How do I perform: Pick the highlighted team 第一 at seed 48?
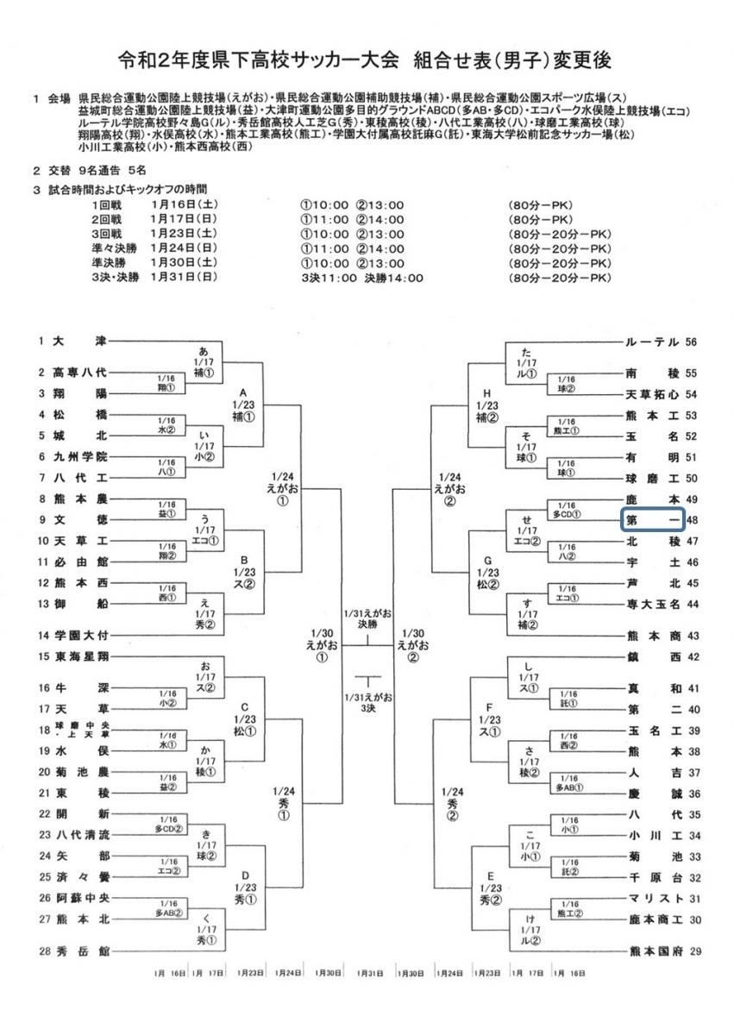click(x=653, y=520)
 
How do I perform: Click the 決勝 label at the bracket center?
click(x=368, y=622)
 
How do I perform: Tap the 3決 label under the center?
click(x=368, y=707)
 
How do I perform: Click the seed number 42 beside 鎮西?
click(x=692, y=657)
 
